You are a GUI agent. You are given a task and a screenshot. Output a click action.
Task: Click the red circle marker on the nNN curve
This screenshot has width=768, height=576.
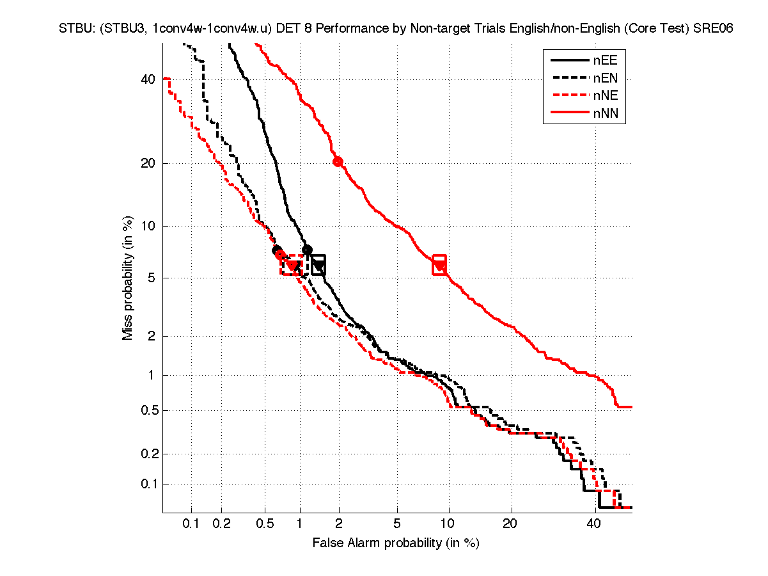pos(338,161)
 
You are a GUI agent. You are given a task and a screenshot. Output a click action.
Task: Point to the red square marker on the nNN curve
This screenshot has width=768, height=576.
pos(439,264)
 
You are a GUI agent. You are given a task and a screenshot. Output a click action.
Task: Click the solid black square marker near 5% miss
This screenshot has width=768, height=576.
pos(318,264)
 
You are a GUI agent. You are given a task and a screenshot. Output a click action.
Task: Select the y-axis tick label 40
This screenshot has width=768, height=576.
pos(148,79)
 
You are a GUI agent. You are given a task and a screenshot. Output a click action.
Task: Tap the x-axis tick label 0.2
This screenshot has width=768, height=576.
pos(221,524)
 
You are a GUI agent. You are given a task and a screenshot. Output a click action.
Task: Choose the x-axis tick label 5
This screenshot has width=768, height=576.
pos(397,524)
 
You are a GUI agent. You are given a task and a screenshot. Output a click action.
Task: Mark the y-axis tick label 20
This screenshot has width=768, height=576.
pos(148,163)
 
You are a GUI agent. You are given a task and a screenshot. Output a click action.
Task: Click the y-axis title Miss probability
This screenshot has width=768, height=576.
pos(128,278)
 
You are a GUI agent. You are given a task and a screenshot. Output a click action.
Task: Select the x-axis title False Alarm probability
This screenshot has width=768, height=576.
pos(396,543)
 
